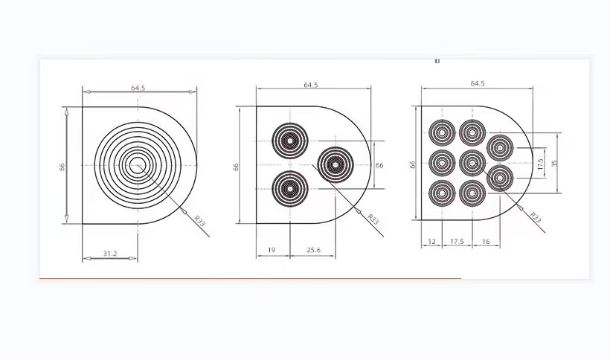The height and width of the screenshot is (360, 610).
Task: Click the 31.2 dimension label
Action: (110, 254)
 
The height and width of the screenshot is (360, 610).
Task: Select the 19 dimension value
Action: (272, 250)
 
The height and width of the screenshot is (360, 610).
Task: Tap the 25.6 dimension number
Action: (314, 250)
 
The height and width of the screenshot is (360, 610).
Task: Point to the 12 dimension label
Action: (431, 242)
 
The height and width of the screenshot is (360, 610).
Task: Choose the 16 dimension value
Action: (486, 242)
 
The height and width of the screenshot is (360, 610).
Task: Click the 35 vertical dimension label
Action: (554, 164)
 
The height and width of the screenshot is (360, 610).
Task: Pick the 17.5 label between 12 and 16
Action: (457, 242)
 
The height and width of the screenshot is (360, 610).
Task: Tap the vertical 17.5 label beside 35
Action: (540, 164)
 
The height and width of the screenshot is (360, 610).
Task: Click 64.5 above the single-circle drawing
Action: (138, 88)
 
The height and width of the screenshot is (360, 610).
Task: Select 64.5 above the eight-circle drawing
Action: (478, 83)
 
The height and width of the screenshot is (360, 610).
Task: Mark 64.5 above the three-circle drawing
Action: (311, 85)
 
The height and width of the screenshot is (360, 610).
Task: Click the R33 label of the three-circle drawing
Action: (373, 219)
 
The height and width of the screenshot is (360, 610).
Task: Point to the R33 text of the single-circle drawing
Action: (199, 220)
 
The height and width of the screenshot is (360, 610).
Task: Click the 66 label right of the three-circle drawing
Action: (379, 165)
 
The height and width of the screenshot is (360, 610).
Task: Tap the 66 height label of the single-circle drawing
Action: (62, 167)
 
